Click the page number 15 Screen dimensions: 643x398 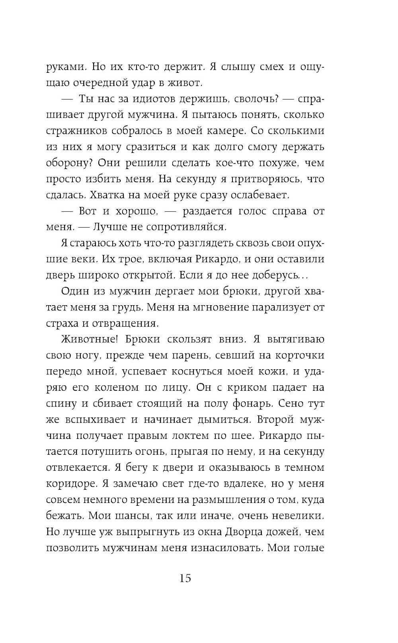coord(185,578)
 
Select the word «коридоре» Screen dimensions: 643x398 coord(71,484)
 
